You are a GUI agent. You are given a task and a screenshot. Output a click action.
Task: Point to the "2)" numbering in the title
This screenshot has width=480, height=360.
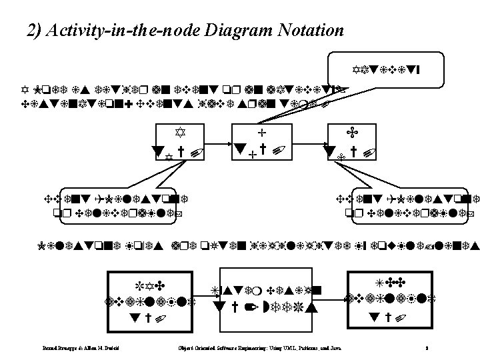[36, 31]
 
